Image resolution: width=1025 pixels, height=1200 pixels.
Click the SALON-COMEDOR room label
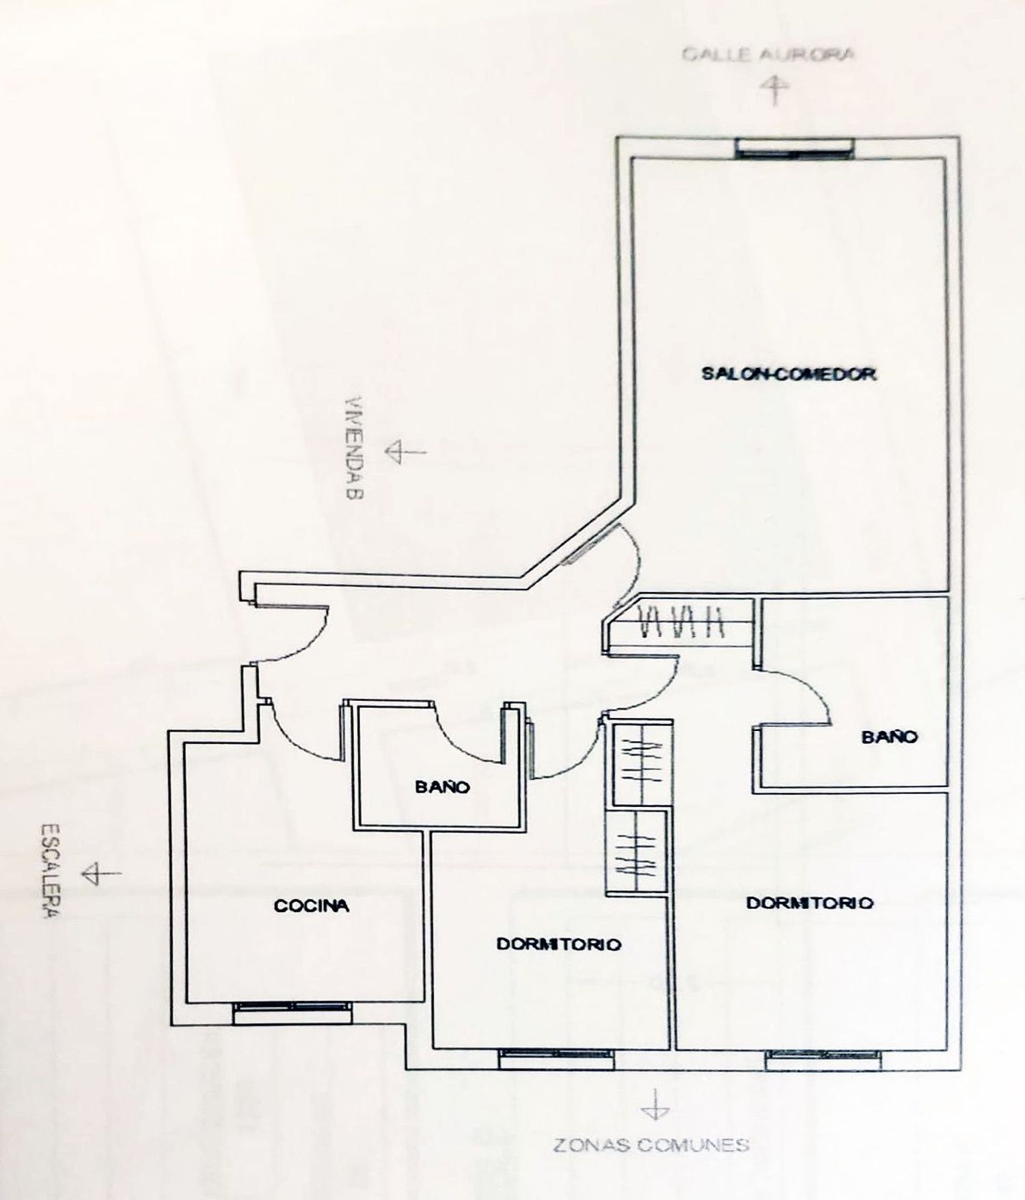pos(789,374)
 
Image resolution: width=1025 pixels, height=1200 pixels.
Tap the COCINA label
pos(312,906)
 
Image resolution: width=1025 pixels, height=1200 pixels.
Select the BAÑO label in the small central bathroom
pos(443,787)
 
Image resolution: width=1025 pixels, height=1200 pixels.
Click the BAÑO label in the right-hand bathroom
pos(889,736)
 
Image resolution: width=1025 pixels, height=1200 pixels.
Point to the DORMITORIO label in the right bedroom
pos(810,903)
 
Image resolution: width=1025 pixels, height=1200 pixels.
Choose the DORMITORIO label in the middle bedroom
pos(559,944)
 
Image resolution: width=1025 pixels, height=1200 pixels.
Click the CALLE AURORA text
pos(768,54)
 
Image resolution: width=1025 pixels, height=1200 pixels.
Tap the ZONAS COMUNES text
pos(651,1145)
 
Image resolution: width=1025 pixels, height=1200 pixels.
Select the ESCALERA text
pos(49,871)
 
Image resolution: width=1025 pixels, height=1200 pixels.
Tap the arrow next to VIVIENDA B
pos(405,452)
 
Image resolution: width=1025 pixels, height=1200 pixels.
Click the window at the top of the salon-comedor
pos(795,148)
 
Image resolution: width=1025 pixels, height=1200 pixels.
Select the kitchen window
pos(292,1013)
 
